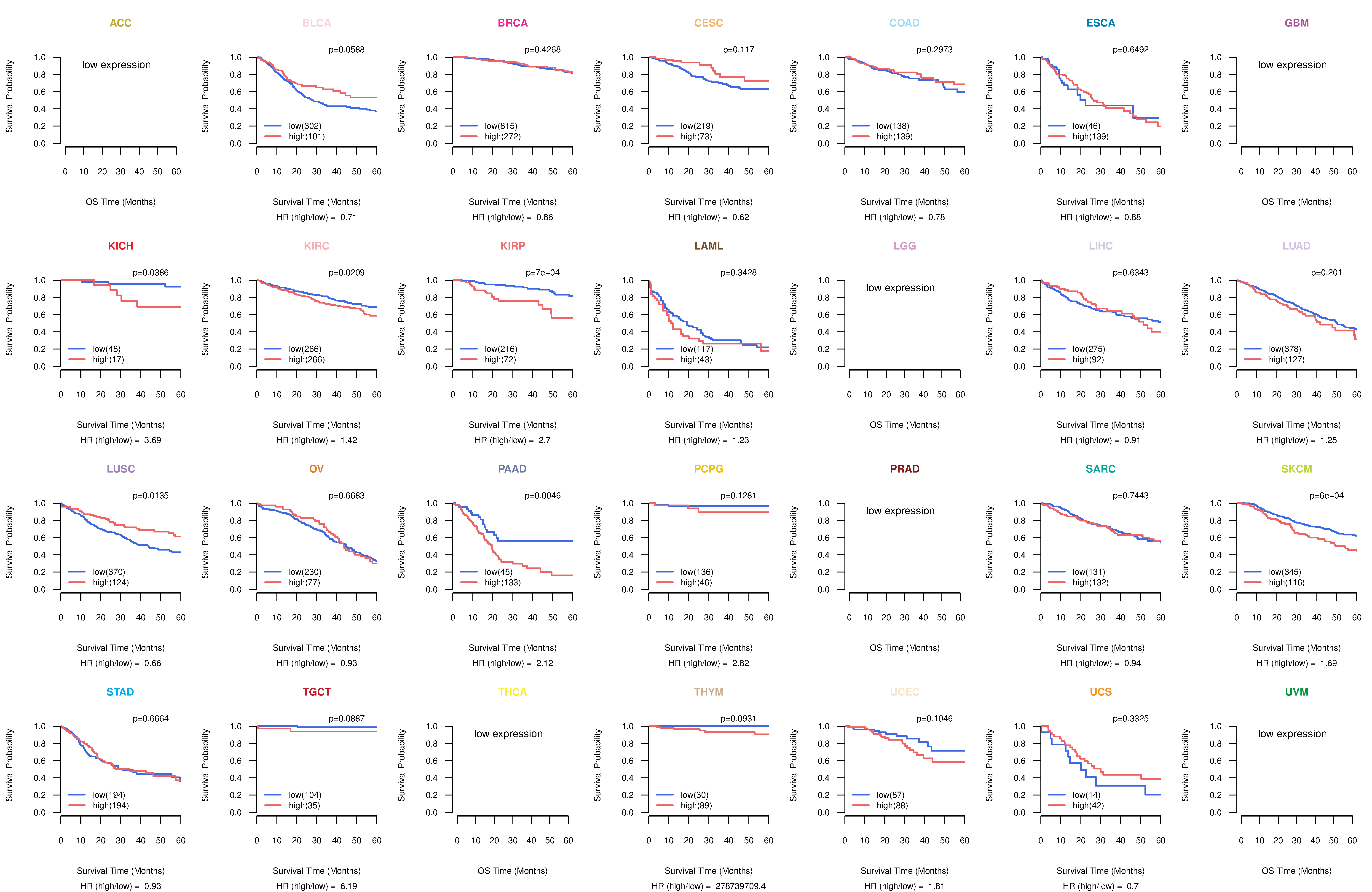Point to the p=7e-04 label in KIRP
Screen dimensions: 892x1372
(542, 273)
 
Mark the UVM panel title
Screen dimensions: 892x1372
(1297, 692)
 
